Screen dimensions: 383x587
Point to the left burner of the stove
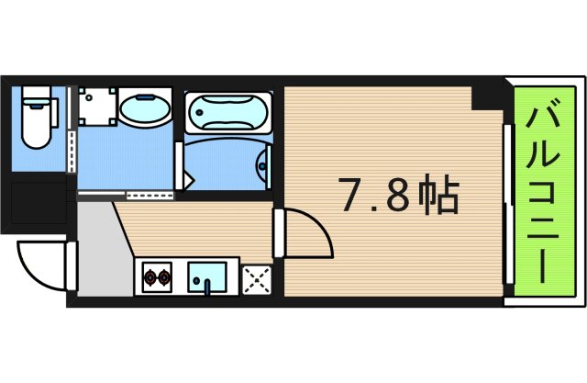[150, 276]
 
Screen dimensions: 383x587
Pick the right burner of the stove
[166, 276]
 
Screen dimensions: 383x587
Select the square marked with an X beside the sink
[254, 277]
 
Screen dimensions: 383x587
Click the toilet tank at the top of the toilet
[35, 96]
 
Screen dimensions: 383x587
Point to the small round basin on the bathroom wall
[263, 166]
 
